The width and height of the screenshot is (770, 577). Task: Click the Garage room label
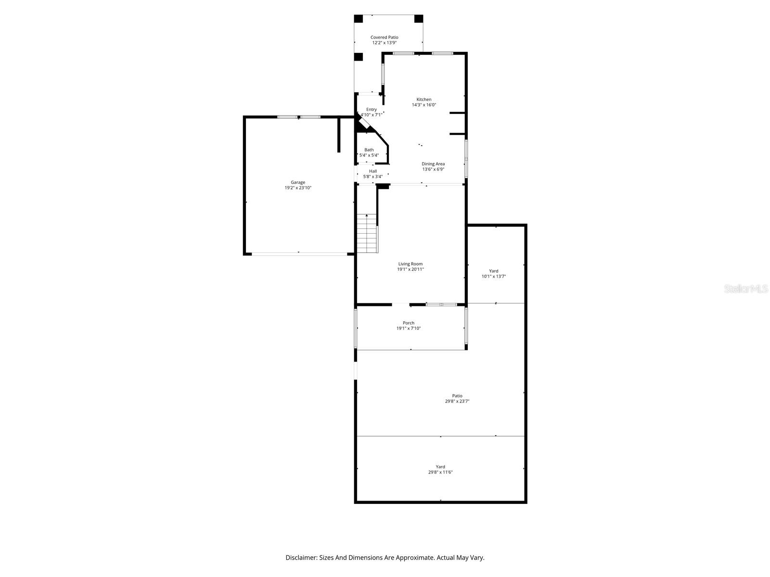(297, 182)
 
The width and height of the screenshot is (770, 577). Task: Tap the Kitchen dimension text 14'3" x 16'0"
(423, 105)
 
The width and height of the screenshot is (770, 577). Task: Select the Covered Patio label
(384, 37)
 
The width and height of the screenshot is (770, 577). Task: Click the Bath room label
(369, 150)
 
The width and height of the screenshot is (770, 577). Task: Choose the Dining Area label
(433, 164)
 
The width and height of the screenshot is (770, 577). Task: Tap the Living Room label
(410, 263)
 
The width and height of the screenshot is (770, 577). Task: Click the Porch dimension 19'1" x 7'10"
(408, 328)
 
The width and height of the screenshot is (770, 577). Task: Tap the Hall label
(372, 171)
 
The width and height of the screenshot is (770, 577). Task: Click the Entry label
(371, 109)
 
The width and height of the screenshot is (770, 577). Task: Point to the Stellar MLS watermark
(746, 289)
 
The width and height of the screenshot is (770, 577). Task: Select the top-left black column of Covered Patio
(359, 19)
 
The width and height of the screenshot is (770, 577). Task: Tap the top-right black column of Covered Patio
(418, 19)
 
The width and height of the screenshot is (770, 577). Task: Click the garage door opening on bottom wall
(299, 253)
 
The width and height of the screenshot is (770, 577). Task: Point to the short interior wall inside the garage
(339, 135)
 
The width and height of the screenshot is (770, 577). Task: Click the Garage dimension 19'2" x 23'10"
(297, 188)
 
